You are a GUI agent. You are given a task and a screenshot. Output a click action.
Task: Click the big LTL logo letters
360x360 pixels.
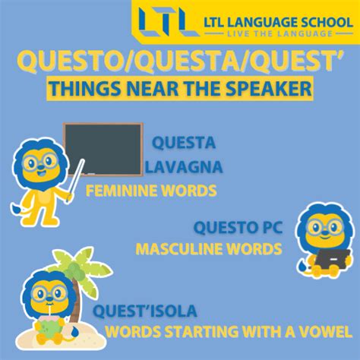169,21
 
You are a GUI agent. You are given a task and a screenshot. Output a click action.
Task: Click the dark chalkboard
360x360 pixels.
103,150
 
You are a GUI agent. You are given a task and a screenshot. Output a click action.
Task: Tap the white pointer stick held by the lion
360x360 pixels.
76,179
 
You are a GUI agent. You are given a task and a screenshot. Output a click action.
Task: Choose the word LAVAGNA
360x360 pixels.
184,167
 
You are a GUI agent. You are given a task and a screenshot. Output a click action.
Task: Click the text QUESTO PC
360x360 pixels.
238,227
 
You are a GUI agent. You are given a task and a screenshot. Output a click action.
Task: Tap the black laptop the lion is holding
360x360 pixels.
333,259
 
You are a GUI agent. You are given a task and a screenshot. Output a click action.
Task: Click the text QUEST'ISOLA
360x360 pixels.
145,311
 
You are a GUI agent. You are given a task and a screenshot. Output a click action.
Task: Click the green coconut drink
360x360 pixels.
52,327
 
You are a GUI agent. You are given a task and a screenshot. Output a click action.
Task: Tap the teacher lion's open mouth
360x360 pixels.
40,174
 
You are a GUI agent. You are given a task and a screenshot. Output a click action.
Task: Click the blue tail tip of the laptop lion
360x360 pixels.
302,267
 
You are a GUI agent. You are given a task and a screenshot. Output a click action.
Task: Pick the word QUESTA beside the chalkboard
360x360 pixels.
184,143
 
